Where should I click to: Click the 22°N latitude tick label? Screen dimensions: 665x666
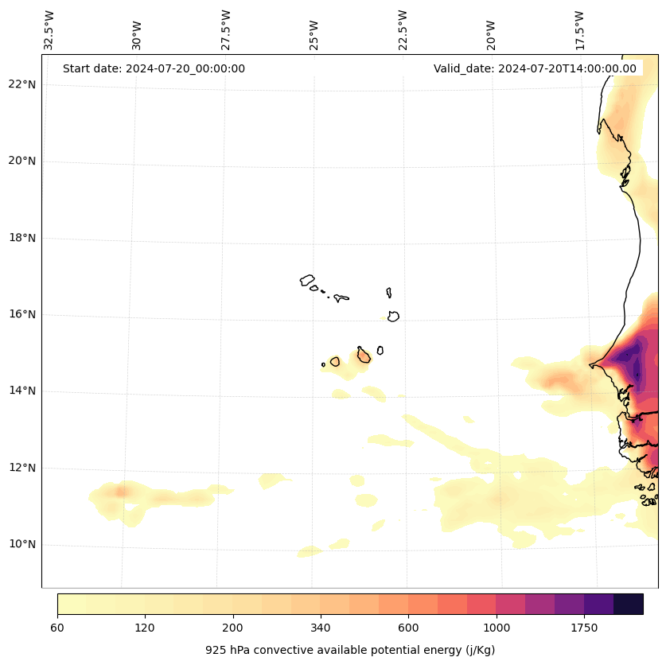tap(22, 85)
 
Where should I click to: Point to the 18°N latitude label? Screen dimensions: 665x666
tap(22, 238)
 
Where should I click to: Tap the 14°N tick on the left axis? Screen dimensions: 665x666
tap(22, 391)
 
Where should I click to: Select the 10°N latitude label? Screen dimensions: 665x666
tap(22, 545)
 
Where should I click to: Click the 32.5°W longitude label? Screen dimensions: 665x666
tap(49, 29)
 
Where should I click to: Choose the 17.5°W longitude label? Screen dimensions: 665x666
tap(579, 29)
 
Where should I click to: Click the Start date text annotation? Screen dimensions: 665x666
tap(154, 68)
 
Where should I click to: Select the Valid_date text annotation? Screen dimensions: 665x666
tap(535, 68)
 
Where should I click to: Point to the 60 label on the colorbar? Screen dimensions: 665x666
tap(57, 628)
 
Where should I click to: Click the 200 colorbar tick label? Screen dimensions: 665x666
tap(233, 628)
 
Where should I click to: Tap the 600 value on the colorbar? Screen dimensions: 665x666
tap(408, 628)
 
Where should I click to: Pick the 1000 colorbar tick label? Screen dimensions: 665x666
tap(497, 628)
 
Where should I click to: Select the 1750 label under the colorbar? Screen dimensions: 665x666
tap(584, 628)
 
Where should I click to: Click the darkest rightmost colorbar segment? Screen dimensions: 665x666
tap(629, 604)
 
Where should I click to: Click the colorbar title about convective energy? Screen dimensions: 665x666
tap(350, 650)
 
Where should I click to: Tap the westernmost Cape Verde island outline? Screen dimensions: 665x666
tap(307, 280)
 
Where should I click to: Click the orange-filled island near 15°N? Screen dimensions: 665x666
tap(364, 356)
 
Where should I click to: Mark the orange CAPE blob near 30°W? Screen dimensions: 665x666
tap(121, 492)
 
